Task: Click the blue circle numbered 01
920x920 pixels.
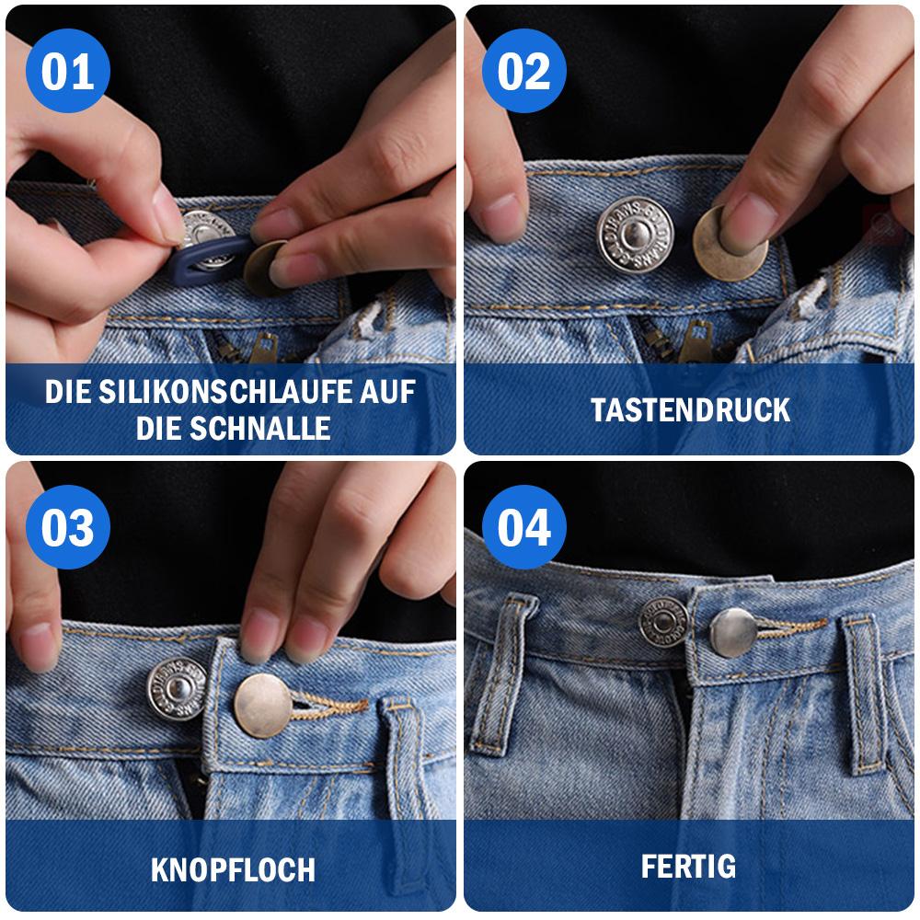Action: point(68,72)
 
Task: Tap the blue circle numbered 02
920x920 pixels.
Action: point(524,72)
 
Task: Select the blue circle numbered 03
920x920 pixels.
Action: point(68,528)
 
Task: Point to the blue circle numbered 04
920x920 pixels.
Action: point(524,528)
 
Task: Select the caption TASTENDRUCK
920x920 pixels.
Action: point(690,409)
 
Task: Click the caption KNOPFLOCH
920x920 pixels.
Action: point(232,868)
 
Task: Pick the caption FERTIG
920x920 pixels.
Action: point(688,866)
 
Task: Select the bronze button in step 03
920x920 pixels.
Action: point(263,704)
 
